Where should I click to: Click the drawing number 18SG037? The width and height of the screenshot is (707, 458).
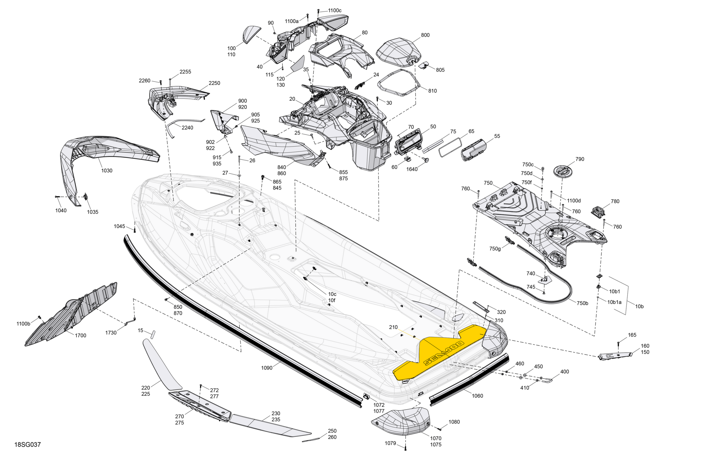point(28,444)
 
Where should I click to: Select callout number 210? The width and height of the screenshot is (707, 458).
point(393,327)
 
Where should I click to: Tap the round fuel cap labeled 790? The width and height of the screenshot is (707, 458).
point(562,171)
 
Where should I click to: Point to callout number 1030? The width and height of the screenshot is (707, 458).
point(107,171)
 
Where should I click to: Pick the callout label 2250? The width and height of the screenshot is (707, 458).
point(214,83)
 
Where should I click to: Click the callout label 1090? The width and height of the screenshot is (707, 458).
point(267,368)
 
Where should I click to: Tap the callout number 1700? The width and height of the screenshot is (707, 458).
point(81,335)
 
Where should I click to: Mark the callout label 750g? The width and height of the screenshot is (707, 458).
point(495,249)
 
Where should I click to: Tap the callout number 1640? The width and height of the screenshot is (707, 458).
point(412,169)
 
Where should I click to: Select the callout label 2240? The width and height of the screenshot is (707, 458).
point(187,128)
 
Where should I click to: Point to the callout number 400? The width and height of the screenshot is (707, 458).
point(564,372)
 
